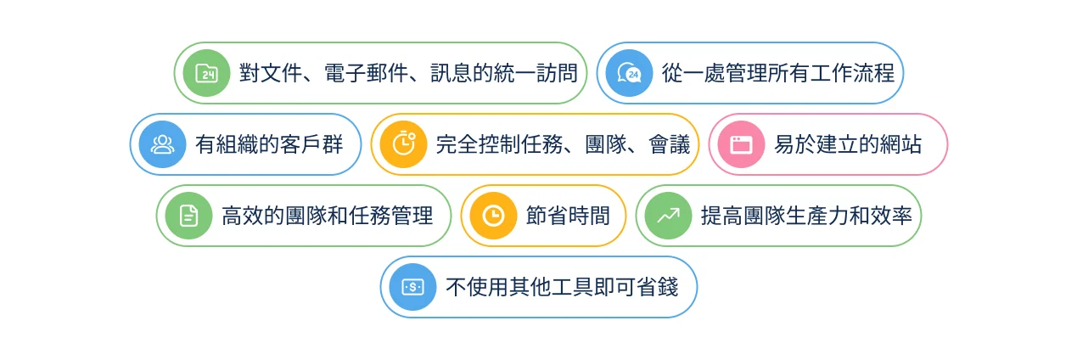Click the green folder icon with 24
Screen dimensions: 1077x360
pyautogui.click(x=207, y=73)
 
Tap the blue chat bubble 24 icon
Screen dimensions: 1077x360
pyautogui.click(x=629, y=73)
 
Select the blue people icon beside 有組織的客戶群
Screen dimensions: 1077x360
pyautogui.click(x=162, y=144)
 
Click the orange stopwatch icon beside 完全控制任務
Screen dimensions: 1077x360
pyautogui.click(x=403, y=144)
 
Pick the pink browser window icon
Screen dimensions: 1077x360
pyautogui.click(x=742, y=144)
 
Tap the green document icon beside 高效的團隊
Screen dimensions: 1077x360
pyautogui.click(x=189, y=216)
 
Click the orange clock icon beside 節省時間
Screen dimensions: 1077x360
pyautogui.click(x=493, y=216)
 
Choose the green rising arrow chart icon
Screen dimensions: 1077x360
pyautogui.click(x=668, y=216)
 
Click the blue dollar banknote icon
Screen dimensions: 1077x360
pyautogui.click(x=412, y=287)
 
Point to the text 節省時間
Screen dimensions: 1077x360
pyautogui.click(x=568, y=216)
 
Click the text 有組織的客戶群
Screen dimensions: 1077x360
pyautogui.click(x=269, y=144)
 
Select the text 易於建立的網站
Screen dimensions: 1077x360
pyautogui.click(x=848, y=144)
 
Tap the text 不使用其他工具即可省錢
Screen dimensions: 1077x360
pyautogui.click(x=562, y=287)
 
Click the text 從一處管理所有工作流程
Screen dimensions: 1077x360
pyautogui.click(x=778, y=73)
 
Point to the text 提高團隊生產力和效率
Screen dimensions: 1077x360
pyautogui.click(x=806, y=216)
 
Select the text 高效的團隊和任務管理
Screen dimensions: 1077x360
pyautogui.click(x=328, y=216)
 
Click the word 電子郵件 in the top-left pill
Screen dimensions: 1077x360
pyautogui.click(x=367, y=73)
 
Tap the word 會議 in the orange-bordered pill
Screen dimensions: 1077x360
pyautogui.click(x=670, y=144)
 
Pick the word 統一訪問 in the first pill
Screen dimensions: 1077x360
pyautogui.click(x=536, y=73)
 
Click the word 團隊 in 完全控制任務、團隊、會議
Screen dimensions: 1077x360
pyautogui.click(x=606, y=144)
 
